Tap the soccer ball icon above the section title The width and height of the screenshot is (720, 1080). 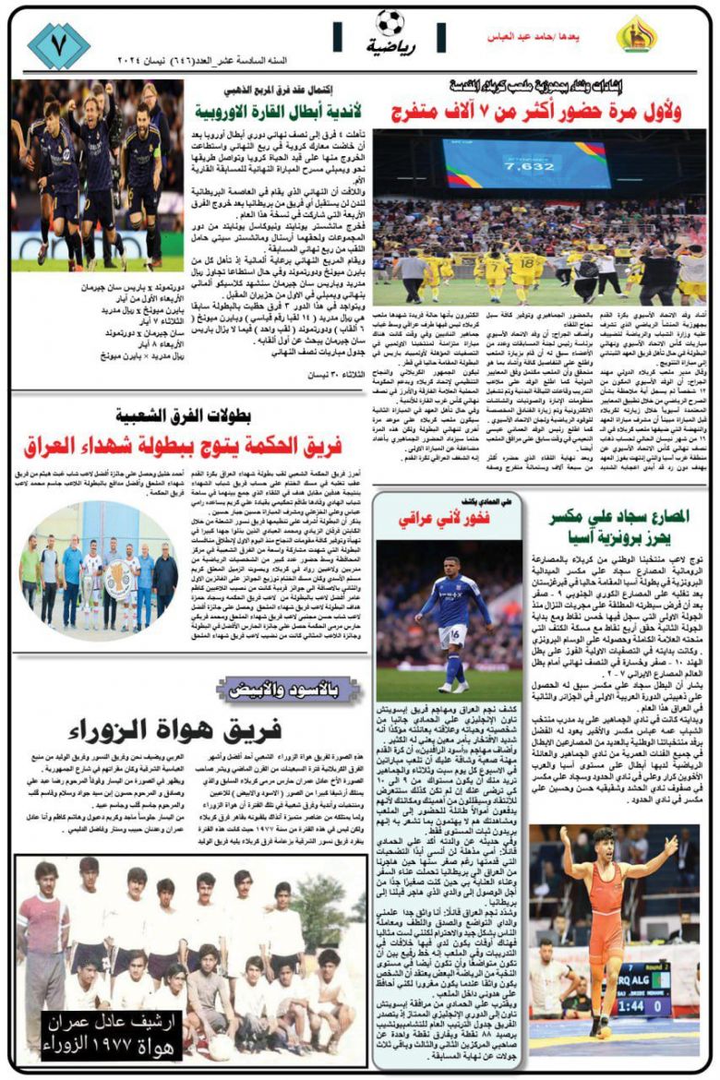[390, 22]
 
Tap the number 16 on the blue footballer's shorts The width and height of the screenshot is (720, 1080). [451, 633]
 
